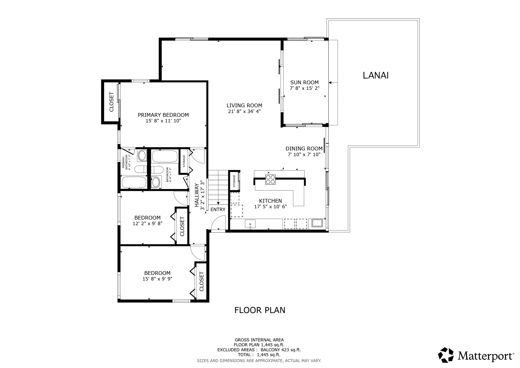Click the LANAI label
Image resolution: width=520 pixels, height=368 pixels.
[376, 75]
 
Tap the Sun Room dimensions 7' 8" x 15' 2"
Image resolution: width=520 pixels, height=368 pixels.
[304, 88]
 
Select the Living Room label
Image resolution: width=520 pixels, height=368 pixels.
[244, 105]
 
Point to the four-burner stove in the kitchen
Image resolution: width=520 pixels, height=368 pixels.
[270, 179]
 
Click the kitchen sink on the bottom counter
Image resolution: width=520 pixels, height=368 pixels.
[250, 224]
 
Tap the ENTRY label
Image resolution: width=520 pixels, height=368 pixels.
[218, 209]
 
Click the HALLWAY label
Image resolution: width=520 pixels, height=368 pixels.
[197, 195]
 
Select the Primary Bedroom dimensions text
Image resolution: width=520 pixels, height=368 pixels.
[163, 121]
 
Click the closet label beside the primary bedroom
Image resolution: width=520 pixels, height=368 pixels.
[111, 102]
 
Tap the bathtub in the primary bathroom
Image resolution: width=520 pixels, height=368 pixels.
[134, 182]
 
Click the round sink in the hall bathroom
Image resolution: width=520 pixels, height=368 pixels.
[156, 182]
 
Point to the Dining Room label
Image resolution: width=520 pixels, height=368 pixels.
[304, 148]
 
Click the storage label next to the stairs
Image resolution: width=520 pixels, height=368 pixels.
[234, 181]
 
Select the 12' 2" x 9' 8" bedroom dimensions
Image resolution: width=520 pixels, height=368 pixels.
[148, 223]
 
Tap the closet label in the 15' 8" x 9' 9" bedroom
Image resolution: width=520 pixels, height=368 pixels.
[202, 282]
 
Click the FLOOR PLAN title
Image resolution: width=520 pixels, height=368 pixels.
[260, 310]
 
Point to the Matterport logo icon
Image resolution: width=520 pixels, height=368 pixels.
[446, 355]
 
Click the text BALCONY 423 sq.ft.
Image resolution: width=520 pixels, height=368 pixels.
[281, 350]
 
